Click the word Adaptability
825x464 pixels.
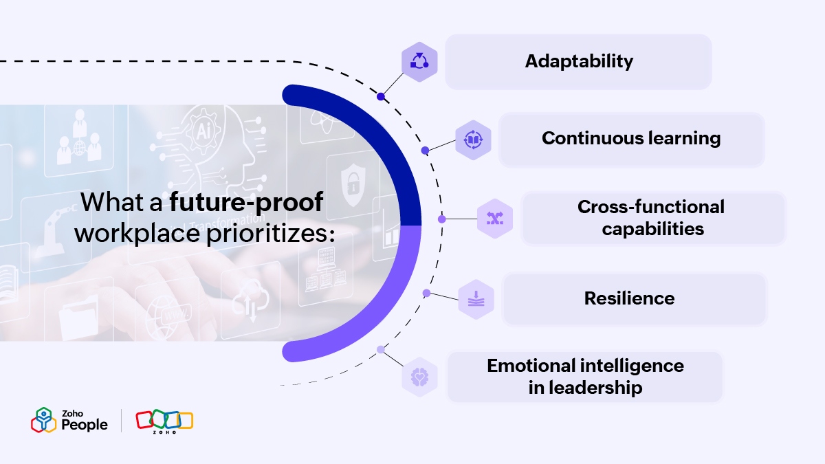click(x=579, y=61)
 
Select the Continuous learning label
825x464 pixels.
click(x=631, y=139)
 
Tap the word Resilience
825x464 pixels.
click(x=630, y=298)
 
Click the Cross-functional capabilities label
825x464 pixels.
click(x=651, y=218)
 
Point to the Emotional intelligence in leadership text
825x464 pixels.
click(x=585, y=377)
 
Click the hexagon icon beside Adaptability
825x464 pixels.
click(x=419, y=61)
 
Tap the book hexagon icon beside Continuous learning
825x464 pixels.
click(x=473, y=140)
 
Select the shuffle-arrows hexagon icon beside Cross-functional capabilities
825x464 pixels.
click(x=495, y=219)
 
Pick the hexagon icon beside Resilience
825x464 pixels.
click(x=476, y=299)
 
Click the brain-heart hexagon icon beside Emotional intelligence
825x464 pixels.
click(x=419, y=377)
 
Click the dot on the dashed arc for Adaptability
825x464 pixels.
click(x=381, y=97)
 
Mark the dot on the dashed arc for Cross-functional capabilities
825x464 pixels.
click(x=442, y=219)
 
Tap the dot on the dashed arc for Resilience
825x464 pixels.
click(x=426, y=293)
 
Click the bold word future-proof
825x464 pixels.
click(x=246, y=203)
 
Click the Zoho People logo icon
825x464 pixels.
click(x=44, y=420)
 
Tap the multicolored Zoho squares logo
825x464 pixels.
click(x=164, y=421)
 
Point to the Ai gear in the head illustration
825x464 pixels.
click(x=203, y=131)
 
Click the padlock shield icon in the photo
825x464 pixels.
click(x=353, y=184)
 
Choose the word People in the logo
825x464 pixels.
click(x=85, y=425)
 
